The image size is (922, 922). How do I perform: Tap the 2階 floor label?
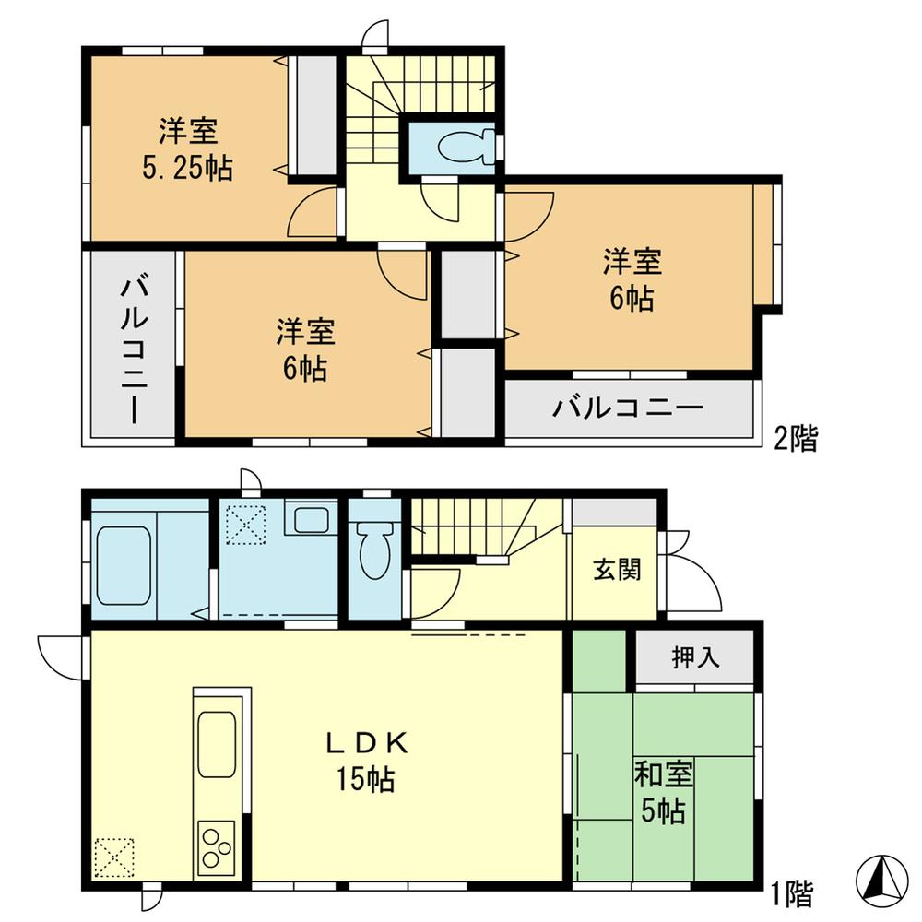(795, 438)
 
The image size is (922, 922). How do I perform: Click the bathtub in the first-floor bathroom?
(123, 565)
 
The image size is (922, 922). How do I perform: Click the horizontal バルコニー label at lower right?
(629, 408)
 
